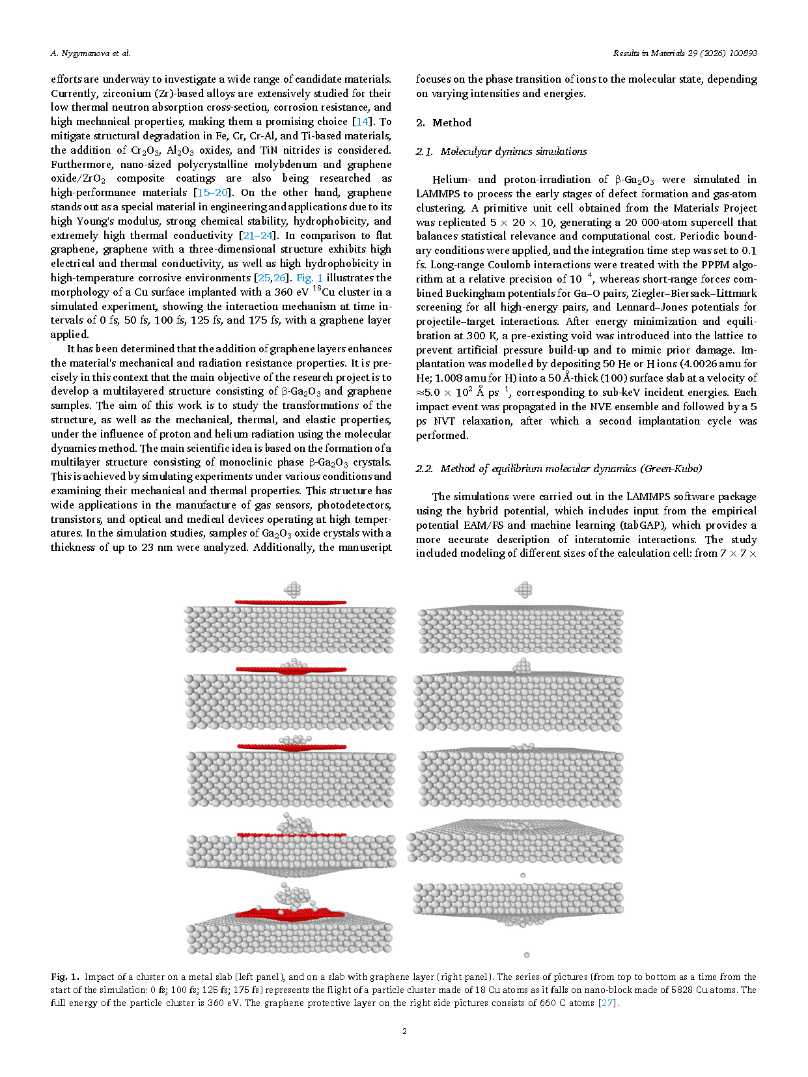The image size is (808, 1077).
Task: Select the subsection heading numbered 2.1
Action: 501,151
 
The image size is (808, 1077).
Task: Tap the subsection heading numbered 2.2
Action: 559,468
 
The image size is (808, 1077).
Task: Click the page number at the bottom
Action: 404,1031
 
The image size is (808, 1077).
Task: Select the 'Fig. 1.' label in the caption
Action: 65,977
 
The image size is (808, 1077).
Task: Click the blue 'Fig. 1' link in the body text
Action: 309,278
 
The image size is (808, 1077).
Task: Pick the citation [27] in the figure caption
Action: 607,1003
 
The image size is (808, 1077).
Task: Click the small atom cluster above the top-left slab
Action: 292,590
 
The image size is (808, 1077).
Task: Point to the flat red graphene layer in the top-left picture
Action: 290,602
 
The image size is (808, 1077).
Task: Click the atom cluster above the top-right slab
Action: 523,590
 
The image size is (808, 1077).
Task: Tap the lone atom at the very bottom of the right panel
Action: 527,955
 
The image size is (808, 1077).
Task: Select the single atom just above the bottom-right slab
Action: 523,876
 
